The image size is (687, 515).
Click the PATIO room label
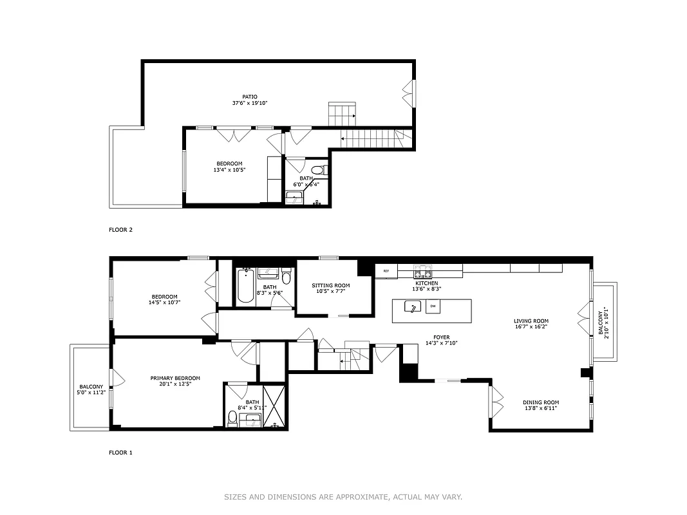click(240, 97)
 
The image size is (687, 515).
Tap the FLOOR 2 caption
click(120, 229)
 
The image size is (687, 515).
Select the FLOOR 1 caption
click(120, 453)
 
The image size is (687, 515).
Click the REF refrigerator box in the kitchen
click(386, 271)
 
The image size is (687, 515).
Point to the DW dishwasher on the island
click(433, 306)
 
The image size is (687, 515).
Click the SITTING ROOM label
click(331, 285)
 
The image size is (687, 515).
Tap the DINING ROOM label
click(541, 402)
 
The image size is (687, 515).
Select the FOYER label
click(441, 337)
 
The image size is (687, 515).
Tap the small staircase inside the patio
click(342, 114)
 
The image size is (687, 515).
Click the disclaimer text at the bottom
click(343, 497)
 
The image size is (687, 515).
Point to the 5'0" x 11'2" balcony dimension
click(91, 391)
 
